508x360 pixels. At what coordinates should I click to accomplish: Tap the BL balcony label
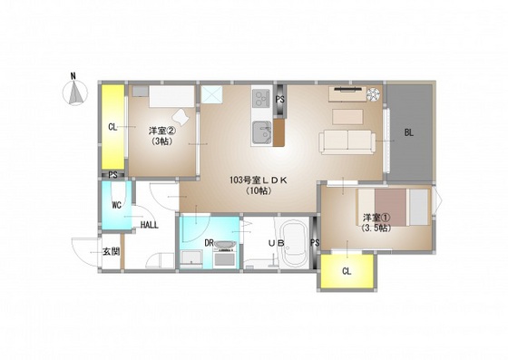[x=409, y=132]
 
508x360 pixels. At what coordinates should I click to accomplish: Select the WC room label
[x=117, y=205]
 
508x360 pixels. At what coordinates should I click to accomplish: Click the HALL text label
[x=150, y=225]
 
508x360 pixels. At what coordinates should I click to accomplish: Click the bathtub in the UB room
[x=294, y=243]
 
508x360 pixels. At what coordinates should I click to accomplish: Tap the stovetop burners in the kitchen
[x=261, y=98]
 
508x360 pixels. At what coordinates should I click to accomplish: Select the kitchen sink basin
[x=261, y=132]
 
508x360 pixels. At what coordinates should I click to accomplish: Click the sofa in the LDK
[x=347, y=142]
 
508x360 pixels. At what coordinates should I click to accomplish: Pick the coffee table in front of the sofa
[x=347, y=117]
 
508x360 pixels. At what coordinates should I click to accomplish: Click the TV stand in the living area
[x=347, y=94]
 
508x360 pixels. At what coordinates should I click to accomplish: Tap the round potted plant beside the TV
[x=373, y=94]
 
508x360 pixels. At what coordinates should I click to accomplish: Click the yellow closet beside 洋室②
[x=113, y=127]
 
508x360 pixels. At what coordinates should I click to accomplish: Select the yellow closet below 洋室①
[x=347, y=270]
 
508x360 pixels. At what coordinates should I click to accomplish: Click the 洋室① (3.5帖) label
[x=376, y=222]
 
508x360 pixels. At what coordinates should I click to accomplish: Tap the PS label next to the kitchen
[x=280, y=100]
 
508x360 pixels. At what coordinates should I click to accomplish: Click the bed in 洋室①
[x=394, y=207]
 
